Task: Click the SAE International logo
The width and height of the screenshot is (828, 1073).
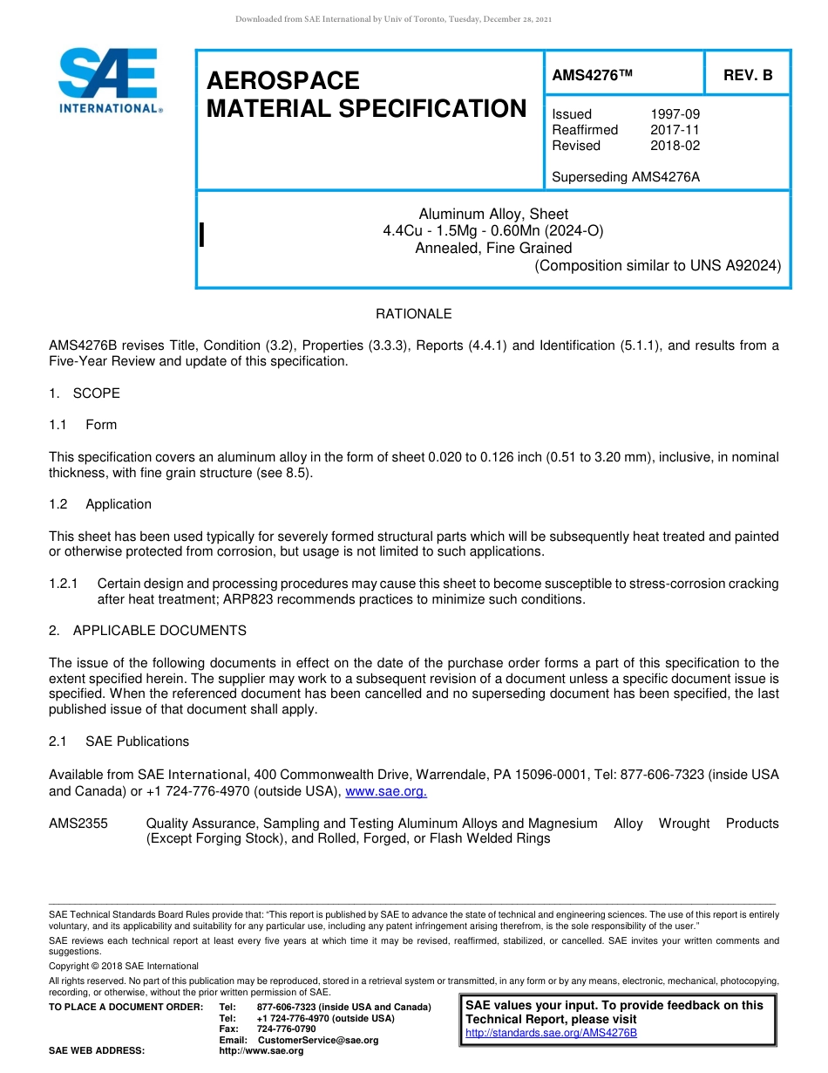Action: click(x=109, y=80)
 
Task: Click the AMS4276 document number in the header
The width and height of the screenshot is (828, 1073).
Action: click(x=592, y=75)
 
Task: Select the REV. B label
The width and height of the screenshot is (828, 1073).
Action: click(x=747, y=75)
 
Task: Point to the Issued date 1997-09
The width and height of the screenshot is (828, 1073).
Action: click(x=675, y=114)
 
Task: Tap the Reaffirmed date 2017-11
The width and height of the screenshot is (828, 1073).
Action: click(x=675, y=130)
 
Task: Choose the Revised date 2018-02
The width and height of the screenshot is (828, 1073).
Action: click(x=675, y=146)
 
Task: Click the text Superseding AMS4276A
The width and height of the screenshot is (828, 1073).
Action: click(x=626, y=177)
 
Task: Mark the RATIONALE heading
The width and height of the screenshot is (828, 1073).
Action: click(x=413, y=314)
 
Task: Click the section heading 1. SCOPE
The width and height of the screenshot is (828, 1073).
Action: click(x=85, y=393)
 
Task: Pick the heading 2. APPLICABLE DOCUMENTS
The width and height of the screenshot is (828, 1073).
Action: click(x=147, y=631)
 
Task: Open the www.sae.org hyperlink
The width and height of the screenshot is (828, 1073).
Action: click(x=386, y=791)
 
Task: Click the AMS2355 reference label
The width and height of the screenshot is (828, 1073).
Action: click(x=78, y=824)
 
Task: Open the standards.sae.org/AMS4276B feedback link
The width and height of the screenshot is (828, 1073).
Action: click(x=551, y=1033)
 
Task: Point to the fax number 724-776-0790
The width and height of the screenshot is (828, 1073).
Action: click(x=286, y=1029)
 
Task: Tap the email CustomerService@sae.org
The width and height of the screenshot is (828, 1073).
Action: click(x=318, y=1041)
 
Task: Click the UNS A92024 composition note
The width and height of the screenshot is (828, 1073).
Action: click(x=657, y=266)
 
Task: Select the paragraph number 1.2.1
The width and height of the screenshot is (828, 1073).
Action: click(x=64, y=584)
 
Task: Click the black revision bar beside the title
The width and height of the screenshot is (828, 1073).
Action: click(x=202, y=235)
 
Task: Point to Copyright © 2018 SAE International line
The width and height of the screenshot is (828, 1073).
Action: click(x=124, y=966)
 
